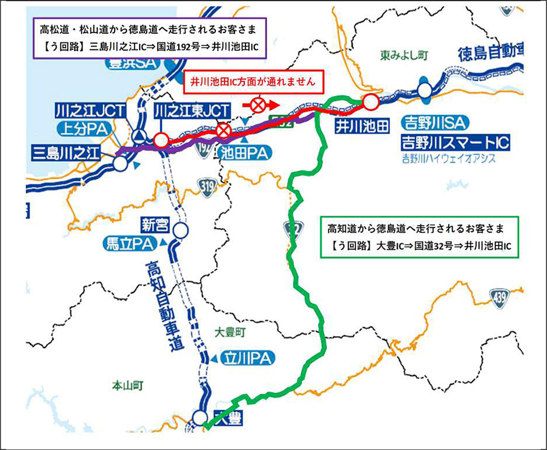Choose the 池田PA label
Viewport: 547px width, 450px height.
(x=244, y=153)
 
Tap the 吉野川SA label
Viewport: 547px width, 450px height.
(x=428, y=123)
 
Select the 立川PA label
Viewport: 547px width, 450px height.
(x=244, y=358)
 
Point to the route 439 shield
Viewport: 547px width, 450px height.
(x=499, y=295)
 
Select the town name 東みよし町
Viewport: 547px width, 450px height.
(x=404, y=55)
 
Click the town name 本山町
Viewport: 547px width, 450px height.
(x=127, y=385)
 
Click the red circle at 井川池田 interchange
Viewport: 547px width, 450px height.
(x=370, y=103)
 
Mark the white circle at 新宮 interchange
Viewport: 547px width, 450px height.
(x=181, y=231)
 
